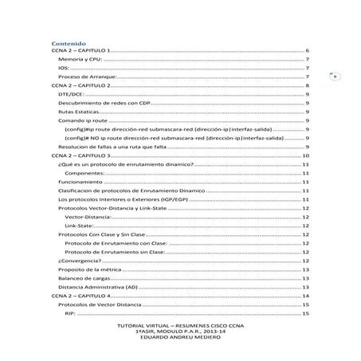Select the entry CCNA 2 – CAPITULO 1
coord(83,50)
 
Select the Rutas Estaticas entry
coord(78,112)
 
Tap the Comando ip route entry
coord(83,120)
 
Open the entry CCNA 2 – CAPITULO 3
coord(83,155)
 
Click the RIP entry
coord(69,313)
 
